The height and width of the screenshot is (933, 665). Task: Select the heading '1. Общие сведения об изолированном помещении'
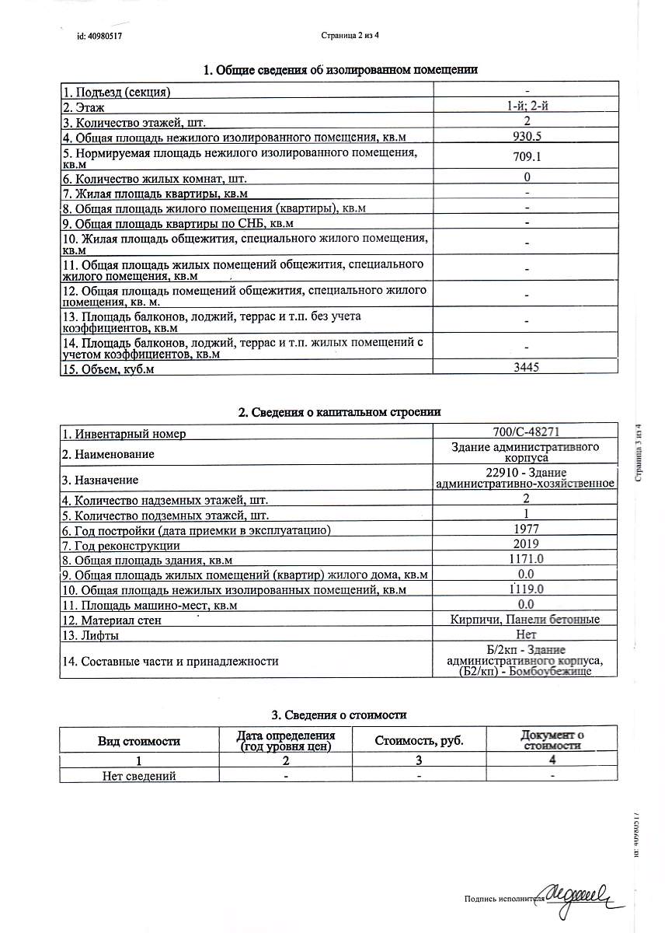click(x=340, y=70)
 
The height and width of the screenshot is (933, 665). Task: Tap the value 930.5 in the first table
click(x=527, y=138)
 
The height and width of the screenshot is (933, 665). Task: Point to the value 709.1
click(x=527, y=158)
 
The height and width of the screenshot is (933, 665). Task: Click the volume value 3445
click(x=527, y=368)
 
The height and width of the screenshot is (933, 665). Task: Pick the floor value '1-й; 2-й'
click(x=527, y=107)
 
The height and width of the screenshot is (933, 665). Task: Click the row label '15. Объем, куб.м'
click(x=109, y=369)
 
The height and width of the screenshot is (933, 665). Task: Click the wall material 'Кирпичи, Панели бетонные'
click(x=526, y=619)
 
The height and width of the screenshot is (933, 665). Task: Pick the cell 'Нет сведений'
click(x=140, y=775)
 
